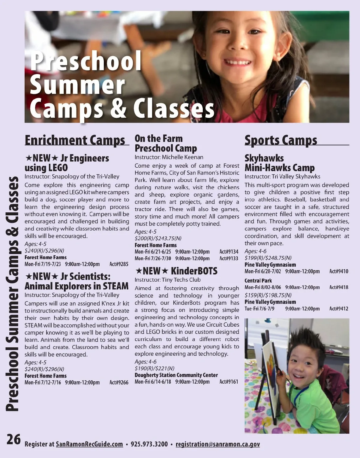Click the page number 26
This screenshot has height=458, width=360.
(14, 440)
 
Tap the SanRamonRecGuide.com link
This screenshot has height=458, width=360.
(89, 444)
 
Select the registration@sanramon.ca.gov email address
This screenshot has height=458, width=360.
(217, 444)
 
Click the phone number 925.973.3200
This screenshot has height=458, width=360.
(149, 444)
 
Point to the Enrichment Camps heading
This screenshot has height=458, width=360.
(75, 140)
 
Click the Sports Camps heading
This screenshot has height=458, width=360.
(280, 140)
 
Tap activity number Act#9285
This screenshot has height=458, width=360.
(119, 264)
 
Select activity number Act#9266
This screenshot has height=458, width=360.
(119, 382)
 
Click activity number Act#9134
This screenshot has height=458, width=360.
(229, 252)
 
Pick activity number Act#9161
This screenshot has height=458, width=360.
(229, 382)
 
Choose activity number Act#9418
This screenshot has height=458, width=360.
(339, 287)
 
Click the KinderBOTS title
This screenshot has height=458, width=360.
(194, 271)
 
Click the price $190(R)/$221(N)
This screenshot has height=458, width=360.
(154, 368)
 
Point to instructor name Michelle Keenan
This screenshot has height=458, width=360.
(182, 157)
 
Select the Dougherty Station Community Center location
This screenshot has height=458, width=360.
(176, 375)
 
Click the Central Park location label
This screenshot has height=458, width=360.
(258, 281)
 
